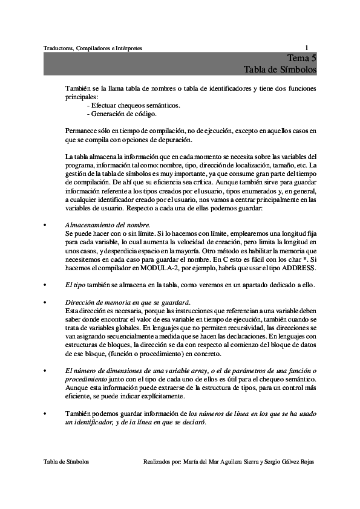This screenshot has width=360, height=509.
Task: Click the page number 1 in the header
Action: [307, 48]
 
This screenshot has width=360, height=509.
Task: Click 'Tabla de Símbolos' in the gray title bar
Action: [280, 70]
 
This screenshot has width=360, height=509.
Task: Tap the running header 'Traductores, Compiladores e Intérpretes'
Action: [93, 48]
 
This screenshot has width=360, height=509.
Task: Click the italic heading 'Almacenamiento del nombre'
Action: [107, 224]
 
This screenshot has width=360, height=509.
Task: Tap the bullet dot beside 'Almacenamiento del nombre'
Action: [45, 225]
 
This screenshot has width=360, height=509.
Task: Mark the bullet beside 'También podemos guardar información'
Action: [45, 413]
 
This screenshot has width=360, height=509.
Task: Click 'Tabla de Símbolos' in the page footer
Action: [67, 461]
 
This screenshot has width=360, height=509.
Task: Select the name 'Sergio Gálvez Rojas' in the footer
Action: [286, 461]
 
